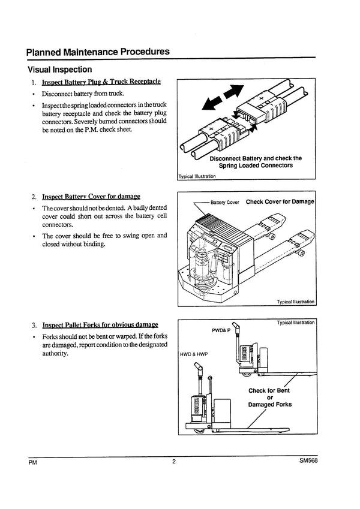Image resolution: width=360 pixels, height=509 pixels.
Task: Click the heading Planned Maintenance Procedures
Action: tap(98, 52)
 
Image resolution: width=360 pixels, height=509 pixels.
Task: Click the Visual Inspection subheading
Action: tap(59, 70)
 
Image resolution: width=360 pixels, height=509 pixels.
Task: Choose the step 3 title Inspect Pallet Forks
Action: tap(100, 324)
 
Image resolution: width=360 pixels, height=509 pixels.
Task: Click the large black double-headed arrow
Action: tap(223, 97)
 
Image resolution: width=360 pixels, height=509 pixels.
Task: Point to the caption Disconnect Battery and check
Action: tap(256, 158)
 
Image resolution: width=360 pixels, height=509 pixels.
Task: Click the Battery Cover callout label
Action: tap(225, 202)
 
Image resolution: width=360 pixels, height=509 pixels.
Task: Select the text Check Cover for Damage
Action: tap(280, 202)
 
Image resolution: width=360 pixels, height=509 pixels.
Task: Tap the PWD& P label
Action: tap(220, 330)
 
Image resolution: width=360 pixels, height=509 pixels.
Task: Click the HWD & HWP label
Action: tap(193, 354)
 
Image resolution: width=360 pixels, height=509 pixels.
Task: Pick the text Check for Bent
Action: tap(269, 390)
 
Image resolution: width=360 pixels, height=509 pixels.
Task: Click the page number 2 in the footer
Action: tap(173, 462)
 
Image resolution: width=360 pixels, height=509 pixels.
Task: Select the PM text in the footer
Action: tap(32, 463)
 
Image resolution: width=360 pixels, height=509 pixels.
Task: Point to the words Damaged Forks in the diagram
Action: tap(269, 405)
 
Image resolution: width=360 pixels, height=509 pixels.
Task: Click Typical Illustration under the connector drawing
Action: tap(197, 177)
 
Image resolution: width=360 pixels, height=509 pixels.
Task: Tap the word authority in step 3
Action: tap(55, 353)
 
